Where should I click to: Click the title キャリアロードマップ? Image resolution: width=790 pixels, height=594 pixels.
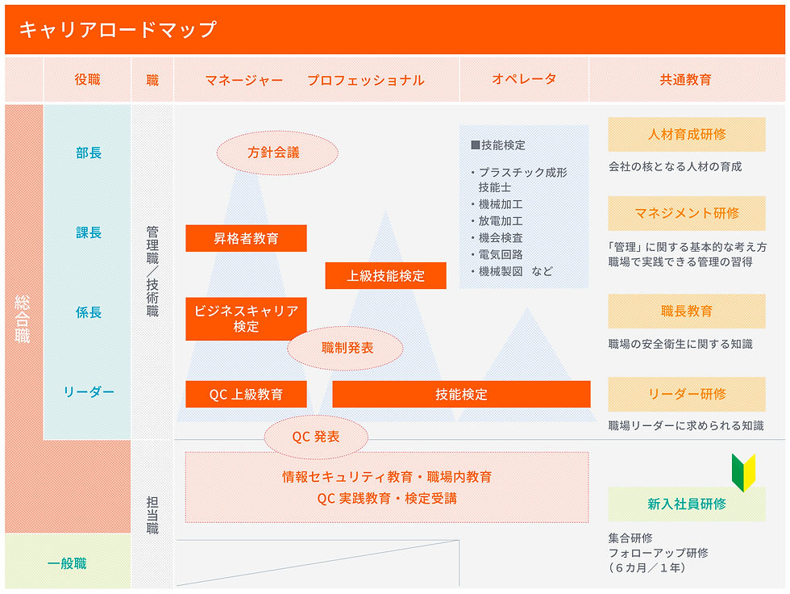118,30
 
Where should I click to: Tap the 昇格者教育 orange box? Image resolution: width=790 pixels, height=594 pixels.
246,238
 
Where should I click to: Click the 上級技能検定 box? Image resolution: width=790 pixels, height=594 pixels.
385,275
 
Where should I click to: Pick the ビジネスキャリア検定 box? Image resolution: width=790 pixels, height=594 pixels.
246,319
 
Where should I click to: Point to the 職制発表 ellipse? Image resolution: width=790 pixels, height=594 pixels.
347,349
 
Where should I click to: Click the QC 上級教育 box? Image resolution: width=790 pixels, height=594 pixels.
246,395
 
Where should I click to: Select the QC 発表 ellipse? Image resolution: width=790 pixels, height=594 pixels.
315,437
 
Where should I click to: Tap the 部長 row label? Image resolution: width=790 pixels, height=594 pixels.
89,153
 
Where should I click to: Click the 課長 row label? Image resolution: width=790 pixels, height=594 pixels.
89,232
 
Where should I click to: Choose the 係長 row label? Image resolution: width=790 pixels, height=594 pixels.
89,312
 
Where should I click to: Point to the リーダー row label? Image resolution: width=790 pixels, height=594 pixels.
89,392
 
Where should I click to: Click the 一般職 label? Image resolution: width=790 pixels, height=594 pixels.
67,563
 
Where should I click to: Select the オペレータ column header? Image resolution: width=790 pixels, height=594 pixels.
524,79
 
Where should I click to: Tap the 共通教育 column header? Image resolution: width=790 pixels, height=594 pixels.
685,79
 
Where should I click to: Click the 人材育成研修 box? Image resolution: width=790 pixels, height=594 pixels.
686,134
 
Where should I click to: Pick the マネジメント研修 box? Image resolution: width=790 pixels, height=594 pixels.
686,213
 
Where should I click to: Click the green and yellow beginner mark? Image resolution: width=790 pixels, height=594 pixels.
743,473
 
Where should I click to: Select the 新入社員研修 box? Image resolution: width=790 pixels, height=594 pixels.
686,504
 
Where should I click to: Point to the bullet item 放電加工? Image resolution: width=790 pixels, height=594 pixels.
500,220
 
